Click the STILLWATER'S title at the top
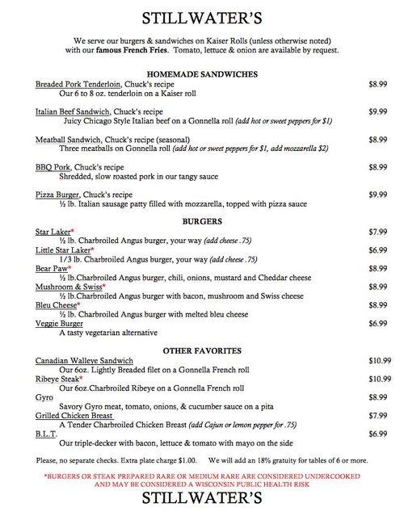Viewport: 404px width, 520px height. coord(202,17)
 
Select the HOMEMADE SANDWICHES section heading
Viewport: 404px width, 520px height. coord(203,73)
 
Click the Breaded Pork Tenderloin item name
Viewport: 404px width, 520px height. coord(74,84)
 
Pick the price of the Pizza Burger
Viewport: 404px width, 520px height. coord(378,195)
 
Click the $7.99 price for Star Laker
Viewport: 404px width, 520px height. coord(378,232)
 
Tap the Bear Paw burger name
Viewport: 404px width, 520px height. coord(52,268)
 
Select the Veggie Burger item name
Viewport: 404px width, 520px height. coord(61,323)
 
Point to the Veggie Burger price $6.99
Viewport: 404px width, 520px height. coord(378,323)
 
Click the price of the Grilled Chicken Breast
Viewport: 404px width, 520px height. coord(378,416)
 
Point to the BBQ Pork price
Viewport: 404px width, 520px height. coord(378,167)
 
